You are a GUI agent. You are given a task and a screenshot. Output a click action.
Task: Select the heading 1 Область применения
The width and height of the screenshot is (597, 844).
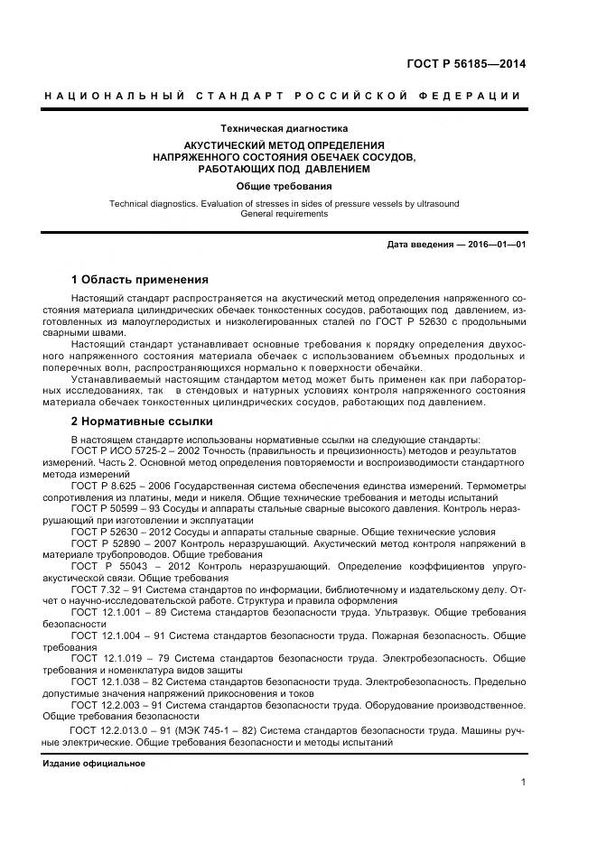[x=139, y=279]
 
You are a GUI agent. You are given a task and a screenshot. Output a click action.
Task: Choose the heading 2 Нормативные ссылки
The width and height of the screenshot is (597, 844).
[x=142, y=421]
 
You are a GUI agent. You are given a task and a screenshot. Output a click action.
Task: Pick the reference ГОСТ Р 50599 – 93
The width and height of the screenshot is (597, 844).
[x=126, y=508]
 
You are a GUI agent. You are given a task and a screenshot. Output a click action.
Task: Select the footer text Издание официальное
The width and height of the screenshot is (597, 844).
[x=95, y=764]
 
